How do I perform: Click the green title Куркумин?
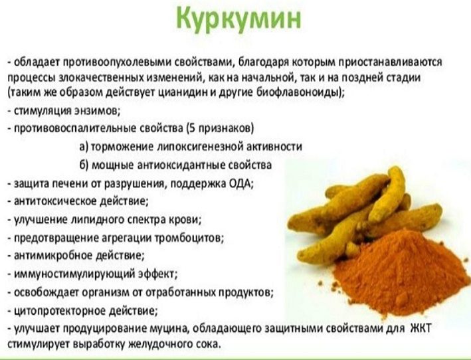[x=238, y=19]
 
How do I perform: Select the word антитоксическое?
[x=55, y=201]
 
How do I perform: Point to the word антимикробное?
[x=53, y=256]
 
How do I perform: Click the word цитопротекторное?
[x=60, y=311]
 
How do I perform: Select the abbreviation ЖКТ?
[x=421, y=328]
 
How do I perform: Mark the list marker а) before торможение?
[x=84, y=147]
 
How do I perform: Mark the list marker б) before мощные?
[x=84, y=165]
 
